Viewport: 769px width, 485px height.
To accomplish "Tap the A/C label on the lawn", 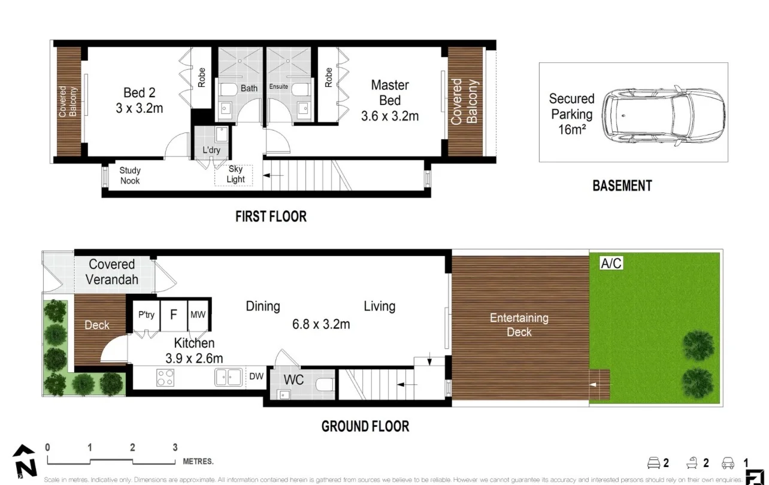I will (x=611, y=263).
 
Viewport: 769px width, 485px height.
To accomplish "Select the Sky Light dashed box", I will (x=234, y=174).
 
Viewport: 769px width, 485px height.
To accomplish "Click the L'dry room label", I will (x=212, y=149).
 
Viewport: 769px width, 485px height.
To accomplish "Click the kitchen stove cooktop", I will (x=165, y=377).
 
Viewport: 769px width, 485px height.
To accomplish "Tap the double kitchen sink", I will (x=228, y=377).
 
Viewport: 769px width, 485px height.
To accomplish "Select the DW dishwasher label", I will (x=256, y=376).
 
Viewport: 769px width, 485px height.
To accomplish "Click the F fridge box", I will (x=174, y=314).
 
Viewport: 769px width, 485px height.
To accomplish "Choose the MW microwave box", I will (x=198, y=314).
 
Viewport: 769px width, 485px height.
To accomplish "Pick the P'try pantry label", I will (x=147, y=314).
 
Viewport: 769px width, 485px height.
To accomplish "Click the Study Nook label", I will (x=130, y=175).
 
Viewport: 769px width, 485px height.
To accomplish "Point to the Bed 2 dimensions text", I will (x=139, y=108).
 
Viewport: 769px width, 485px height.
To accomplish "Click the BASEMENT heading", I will (x=622, y=186).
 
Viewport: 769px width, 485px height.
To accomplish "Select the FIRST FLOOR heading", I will (x=271, y=216).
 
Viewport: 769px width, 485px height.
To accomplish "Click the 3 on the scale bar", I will (x=175, y=447).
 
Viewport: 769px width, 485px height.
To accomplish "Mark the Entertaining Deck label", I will (x=519, y=325).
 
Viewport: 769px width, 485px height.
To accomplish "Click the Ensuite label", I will (x=278, y=87).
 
